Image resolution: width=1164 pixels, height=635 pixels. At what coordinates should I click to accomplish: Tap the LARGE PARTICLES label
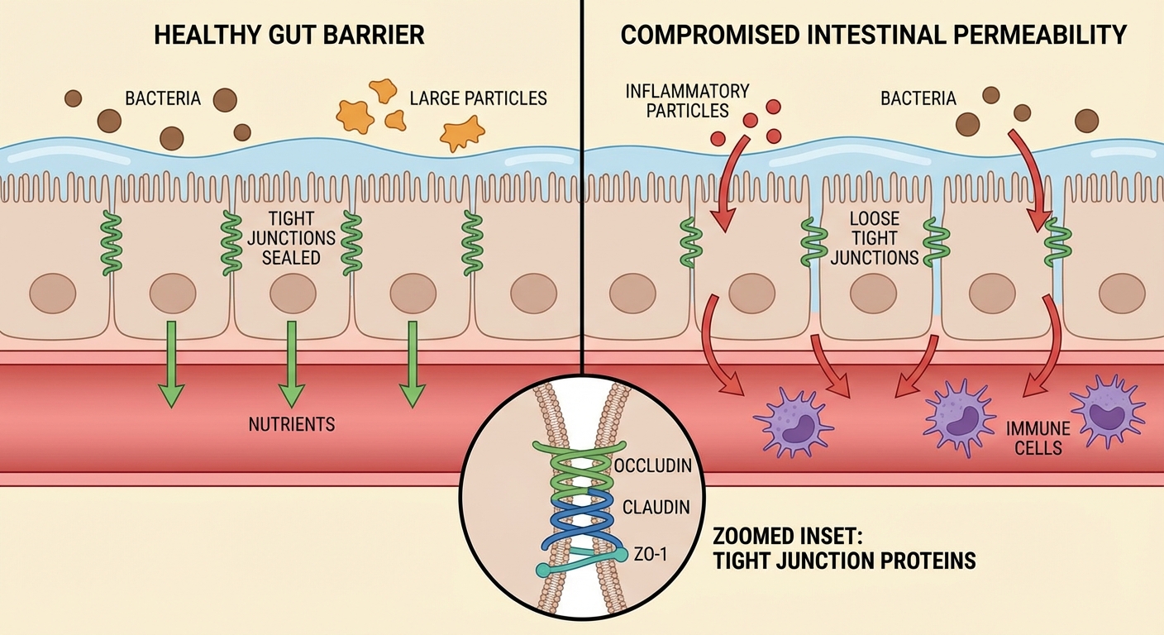click(478, 98)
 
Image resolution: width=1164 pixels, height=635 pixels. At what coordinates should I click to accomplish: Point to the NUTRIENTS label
click(292, 425)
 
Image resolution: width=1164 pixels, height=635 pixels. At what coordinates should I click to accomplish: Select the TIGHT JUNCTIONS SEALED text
click(291, 238)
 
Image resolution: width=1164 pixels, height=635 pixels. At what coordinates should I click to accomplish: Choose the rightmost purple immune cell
click(1108, 411)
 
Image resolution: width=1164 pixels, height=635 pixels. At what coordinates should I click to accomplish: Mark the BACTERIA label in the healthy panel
click(163, 99)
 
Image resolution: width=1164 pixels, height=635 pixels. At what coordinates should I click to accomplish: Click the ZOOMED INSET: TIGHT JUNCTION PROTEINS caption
click(843, 547)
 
